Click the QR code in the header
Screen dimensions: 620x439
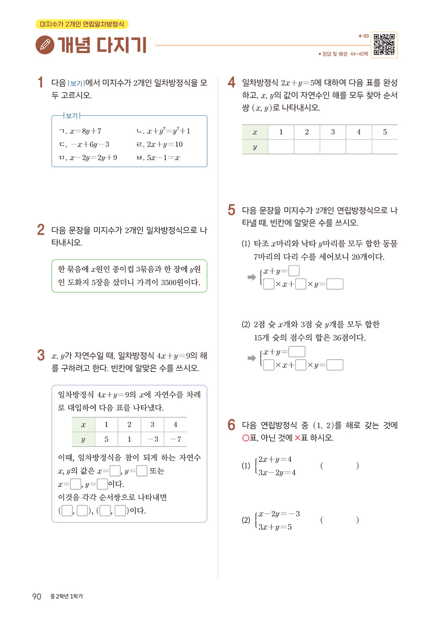click(384, 44)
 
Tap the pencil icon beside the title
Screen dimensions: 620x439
click(45, 45)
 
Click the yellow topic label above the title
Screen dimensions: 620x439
click(82, 24)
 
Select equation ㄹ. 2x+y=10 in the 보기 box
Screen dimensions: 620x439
click(159, 144)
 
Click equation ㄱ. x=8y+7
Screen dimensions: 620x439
click(80, 131)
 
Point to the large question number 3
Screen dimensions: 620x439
click(41, 355)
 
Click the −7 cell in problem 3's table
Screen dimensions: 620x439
click(176, 439)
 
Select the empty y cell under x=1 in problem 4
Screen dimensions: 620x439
click(281, 147)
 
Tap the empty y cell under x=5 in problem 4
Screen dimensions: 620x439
click(384, 147)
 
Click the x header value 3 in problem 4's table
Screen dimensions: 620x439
click(333, 132)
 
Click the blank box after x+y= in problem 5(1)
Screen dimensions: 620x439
click(294, 271)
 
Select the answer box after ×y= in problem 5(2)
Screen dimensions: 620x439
click(335, 365)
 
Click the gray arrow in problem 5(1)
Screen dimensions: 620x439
click(251, 277)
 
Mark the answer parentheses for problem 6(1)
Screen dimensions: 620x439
click(339, 466)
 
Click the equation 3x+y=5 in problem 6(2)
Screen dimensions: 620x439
click(275, 527)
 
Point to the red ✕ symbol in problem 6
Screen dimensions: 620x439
click(297, 438)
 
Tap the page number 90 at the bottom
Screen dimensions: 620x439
click(36, 597)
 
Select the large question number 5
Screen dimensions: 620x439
click(231, 210)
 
